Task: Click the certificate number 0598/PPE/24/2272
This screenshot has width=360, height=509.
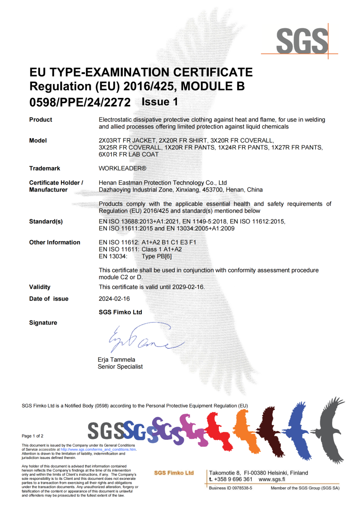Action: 80,102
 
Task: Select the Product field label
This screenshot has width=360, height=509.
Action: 41,120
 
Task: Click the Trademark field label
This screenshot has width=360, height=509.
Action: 44,168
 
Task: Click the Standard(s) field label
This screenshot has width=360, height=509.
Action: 46,222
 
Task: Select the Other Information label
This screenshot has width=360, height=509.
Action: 54,243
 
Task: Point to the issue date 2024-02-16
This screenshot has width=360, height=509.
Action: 114,299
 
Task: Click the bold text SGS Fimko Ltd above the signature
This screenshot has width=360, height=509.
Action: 121,312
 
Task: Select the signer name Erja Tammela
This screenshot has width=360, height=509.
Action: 116,360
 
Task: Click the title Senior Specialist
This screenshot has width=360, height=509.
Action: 120,367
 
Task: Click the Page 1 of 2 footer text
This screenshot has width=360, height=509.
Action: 33,436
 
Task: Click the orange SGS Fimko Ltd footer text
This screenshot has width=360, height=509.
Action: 174,473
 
